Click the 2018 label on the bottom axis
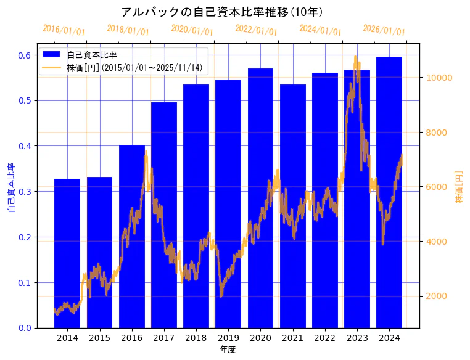(x=196, y=338)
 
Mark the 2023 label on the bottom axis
(x=357, y=338)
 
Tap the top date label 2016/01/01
(x=64, y=30)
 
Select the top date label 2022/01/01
(x=256, y=30)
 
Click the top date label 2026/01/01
(x=384, y=30)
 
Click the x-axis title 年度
(x=228, y=350)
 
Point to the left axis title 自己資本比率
(x=10, y=188)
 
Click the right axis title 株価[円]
(x=459, y=187)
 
